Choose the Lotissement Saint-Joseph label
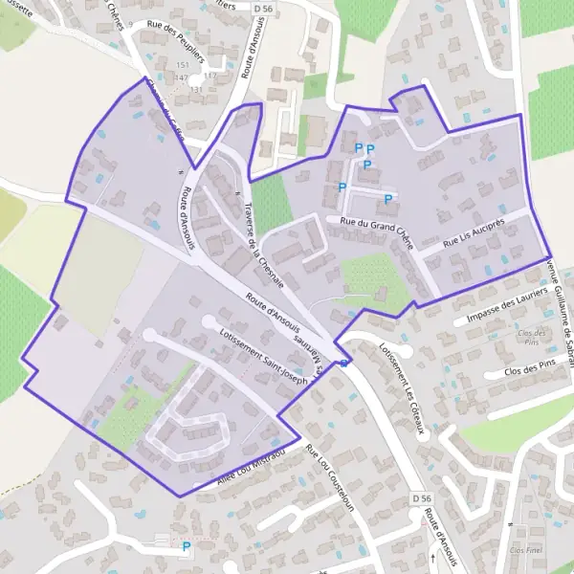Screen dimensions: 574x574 [263, 358]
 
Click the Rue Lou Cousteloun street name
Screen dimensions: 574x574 [329, 477]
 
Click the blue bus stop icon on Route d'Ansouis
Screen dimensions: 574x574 [343, 363]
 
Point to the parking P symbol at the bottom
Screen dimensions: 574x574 [187, 546]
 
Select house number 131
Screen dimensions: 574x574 [197, 89]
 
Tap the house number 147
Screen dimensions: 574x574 [182, 76]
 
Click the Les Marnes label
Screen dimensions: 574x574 [309, 350]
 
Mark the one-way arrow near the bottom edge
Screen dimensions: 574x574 [433, 556]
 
